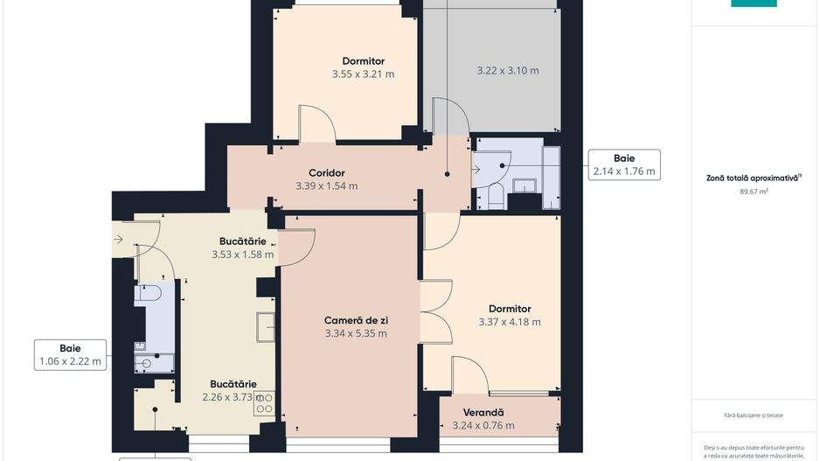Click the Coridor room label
(x=326, y=172)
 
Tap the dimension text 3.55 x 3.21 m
(x=363, y=74)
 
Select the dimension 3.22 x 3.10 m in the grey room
(x=507, y=70)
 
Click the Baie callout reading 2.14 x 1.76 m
(x=623, y=164)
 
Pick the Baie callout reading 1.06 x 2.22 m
(x=70, y=354)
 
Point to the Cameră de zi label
(x=355, y=320)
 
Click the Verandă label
(x=483, y=412)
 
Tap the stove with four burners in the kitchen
(x=266, y=403)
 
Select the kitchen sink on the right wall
(x=266, y=326)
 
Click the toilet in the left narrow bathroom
(x=146, y=293)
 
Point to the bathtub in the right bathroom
(x=551, y=178)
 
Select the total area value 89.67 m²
(x=753, y=190)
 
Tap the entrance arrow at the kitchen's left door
(x=118, y=238)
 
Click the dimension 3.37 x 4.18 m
(x=509, y=322)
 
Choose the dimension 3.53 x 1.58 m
(x=242, y=255)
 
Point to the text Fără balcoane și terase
(x=753, y=415)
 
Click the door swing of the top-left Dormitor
(x=316, y=124)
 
